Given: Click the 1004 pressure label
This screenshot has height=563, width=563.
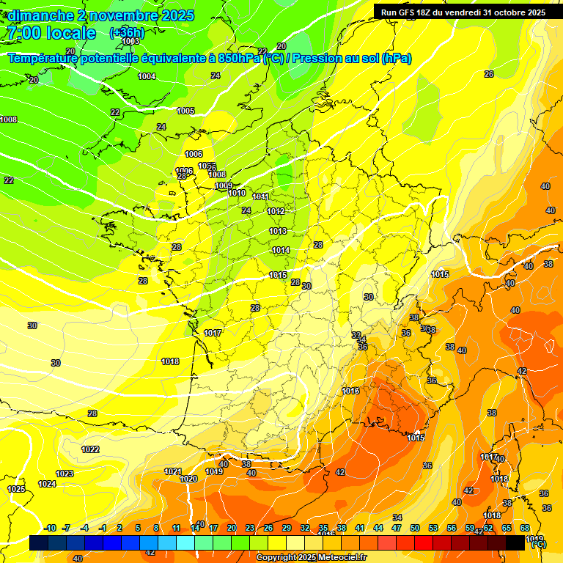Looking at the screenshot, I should click(x=147, y=76).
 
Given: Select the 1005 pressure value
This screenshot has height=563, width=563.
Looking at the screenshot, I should click(x=185, y=111).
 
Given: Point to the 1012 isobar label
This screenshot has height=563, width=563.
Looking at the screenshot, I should click(x=276, y=211).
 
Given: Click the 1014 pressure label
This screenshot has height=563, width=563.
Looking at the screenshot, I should click(x=281, y=250).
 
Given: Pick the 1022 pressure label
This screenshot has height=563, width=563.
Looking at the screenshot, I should click(x=90, y=449).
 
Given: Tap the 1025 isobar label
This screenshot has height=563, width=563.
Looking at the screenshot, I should click(x=16, y=489).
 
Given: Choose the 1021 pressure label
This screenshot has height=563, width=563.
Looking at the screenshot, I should click(x=172, y=471).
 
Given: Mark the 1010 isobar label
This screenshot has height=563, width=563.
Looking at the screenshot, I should click(x=237, y=193).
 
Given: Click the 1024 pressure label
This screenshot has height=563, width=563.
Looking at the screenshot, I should click(x=47, y=484).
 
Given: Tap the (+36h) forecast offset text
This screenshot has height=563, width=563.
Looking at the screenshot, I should click(x=127, y=33).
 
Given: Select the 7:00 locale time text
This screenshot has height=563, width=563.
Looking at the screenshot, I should click(x=51, y=33).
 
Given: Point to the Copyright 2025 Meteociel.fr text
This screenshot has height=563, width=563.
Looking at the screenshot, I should click(x=311, y=557).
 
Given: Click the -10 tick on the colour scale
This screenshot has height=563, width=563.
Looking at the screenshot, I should click(x=50, y=528).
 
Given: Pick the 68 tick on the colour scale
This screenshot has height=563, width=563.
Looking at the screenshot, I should click(x=525, y=528).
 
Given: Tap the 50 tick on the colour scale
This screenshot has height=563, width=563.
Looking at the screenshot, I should click(x=415, y=528).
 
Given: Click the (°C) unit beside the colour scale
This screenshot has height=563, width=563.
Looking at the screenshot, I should click(x=538, y=545).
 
